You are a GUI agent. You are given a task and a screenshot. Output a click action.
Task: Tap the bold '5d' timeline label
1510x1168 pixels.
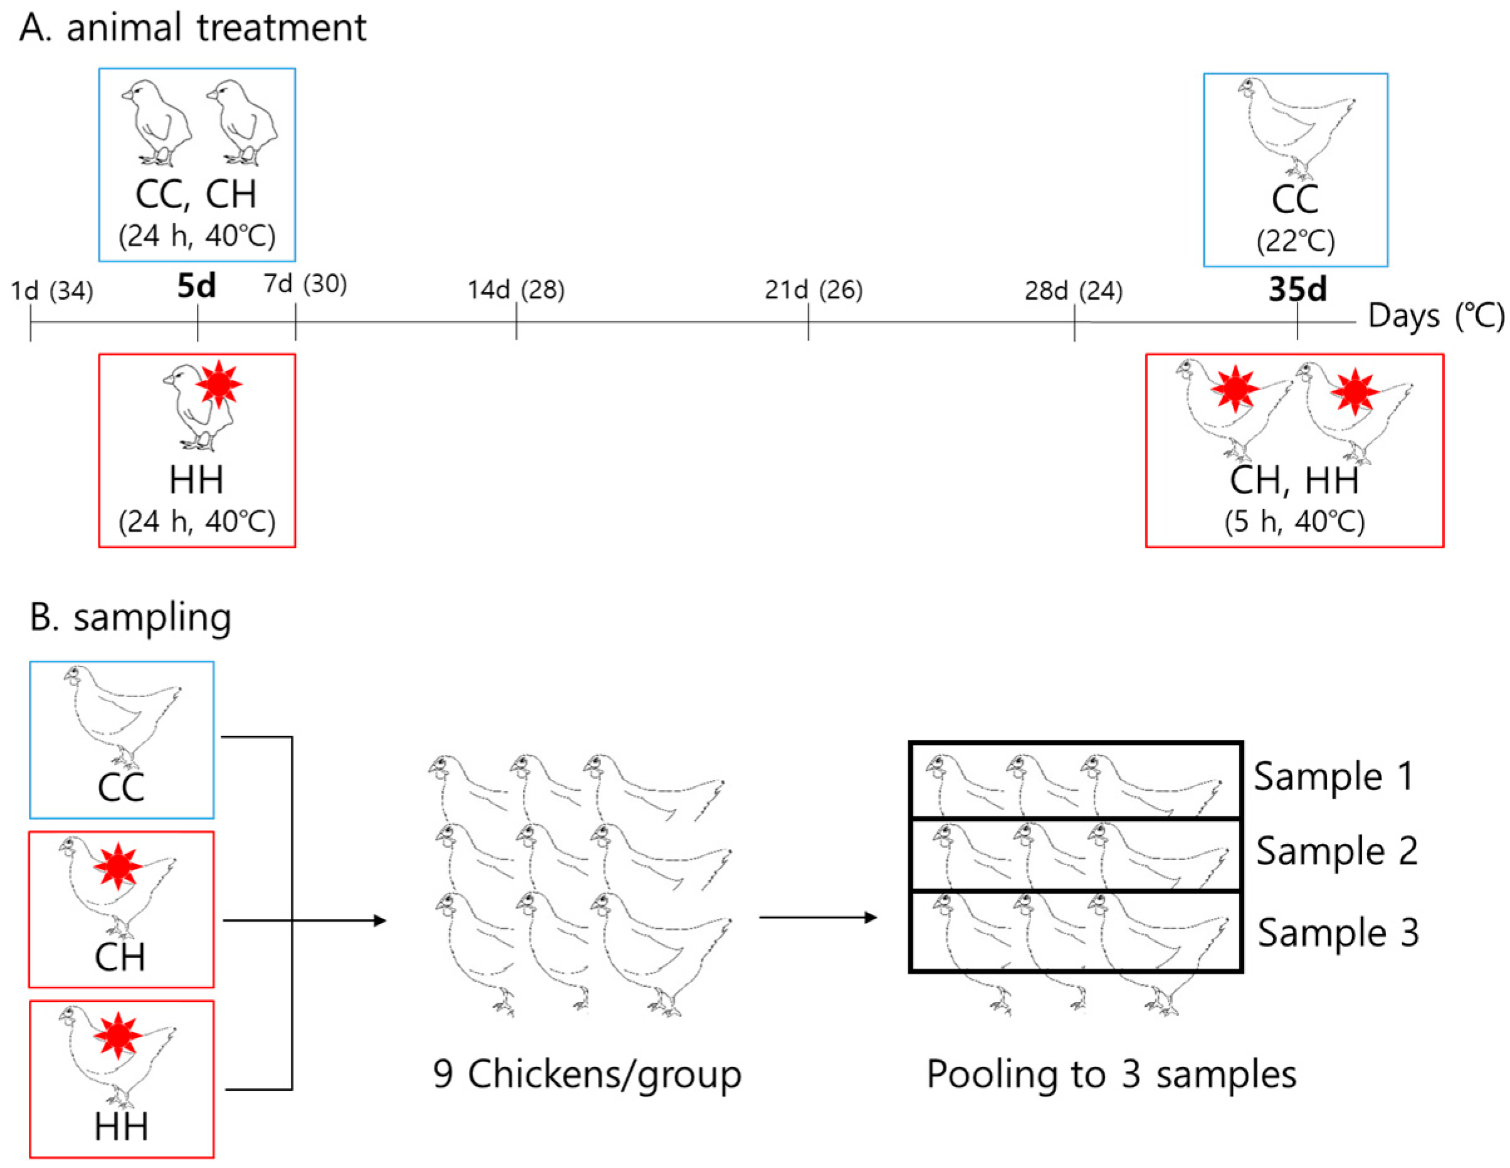pyautogui.click(x=196, y=287)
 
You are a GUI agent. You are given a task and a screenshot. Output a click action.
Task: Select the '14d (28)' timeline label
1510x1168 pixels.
pyautogui.click(x=516, y=290)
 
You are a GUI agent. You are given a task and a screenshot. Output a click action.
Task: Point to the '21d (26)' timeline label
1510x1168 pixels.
pyautogui.click(x=813, y=290)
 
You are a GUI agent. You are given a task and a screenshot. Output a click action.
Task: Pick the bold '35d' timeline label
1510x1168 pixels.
pyautogui.click(x=1297, y=289)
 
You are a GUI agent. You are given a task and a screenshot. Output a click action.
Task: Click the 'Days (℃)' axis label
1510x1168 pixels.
pyautogui.click(x=1435, y=317)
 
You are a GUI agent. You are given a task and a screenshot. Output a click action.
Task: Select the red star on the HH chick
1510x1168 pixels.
pyautogui.click(x=219, y=384)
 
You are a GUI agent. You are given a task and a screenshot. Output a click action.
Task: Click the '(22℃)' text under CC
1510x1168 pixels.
pyautogui.click(x=1295, y=241)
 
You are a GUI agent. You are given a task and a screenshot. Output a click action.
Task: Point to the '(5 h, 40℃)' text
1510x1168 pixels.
pyautogui.click(x=1294, y=522)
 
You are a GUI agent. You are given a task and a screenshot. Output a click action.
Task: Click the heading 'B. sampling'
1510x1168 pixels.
pyautogui.click(x=130, y=617)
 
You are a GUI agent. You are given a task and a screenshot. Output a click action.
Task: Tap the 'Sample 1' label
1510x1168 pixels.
pyautogui.click(x=1334, y=776)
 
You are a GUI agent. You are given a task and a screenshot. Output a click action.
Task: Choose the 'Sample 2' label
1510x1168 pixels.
pyautogui.click(x=1336, y=851)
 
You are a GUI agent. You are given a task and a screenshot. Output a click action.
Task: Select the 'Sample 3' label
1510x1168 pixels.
pyautogui.click(x=1338, y=932)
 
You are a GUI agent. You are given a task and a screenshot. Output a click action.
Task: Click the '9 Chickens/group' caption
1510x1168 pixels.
pyautogui.click(x=587, y=1074)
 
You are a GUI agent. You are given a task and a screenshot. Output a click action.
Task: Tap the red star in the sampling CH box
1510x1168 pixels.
pyautogui.click(x=118, y=865)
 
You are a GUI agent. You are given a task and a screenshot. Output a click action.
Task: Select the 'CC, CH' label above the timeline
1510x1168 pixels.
pyautogui.click(x=196, y=194)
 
